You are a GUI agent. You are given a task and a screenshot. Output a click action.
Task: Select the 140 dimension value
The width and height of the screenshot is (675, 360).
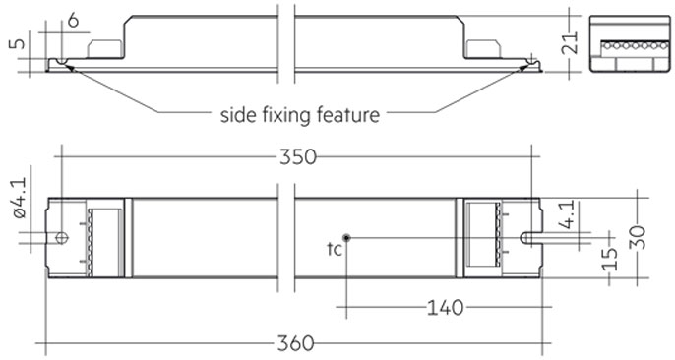(x=445, y=309)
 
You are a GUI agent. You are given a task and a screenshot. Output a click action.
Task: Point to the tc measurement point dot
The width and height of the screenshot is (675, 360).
(x=347, y=237)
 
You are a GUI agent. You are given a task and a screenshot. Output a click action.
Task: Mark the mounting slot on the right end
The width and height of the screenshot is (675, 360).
(x=532, y=237)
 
